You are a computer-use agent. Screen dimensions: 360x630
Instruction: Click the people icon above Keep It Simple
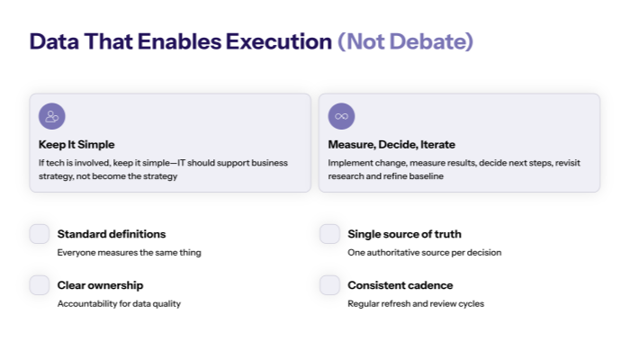pos(52,116)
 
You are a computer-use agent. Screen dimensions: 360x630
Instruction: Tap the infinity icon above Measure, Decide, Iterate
pos(341,116)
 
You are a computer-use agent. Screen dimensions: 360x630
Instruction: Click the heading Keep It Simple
pos(76,144)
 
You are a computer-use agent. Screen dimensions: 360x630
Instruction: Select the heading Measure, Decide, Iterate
pos(391,144)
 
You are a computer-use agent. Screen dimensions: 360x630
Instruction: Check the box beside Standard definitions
pos(40,234)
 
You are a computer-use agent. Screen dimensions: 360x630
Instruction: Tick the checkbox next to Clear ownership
pos(40,285)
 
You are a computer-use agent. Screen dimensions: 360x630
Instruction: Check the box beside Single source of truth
pos(330,234)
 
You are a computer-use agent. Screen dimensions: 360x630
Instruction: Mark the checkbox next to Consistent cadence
pos(330,285)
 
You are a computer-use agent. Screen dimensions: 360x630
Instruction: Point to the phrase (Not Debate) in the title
pos(405,41)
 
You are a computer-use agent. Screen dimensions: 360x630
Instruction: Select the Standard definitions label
pos(112,234)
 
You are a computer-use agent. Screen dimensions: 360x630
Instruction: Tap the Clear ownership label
pos(100,285)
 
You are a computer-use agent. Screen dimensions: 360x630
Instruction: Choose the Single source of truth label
pos(404,234)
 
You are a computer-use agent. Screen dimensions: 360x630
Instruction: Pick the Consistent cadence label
pos(400,285)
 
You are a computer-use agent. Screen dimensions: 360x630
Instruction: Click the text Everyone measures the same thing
pos(129,253)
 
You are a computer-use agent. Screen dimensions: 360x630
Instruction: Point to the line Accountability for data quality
pos(119,304)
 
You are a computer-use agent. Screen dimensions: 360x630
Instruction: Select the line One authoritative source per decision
pos(424,253)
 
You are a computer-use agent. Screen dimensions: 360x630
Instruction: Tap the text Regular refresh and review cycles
pos(416,304)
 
